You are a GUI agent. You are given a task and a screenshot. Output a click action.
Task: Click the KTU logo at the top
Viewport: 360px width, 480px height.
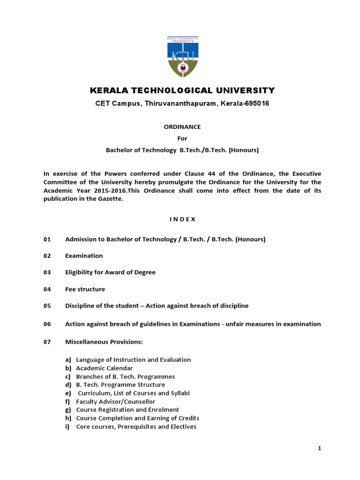coord(180,56)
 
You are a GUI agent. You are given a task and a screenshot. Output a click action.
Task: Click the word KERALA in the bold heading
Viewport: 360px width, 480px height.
coord(106,90)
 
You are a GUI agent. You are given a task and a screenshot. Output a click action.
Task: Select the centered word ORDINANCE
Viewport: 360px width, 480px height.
coord(180,127)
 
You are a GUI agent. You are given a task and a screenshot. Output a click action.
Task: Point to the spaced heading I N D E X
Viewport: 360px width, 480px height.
coord(180,219)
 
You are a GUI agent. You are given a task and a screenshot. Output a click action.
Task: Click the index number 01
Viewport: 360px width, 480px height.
coord(47,239)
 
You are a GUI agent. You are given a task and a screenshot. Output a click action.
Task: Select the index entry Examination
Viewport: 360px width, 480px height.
coord(84,255)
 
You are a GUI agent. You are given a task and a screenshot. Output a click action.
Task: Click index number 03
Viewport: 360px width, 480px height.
coord(47,272)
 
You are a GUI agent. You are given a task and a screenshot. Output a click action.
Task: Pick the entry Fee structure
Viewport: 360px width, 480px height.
coord(85,289)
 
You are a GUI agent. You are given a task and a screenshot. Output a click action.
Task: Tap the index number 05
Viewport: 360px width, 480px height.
coord(47,306)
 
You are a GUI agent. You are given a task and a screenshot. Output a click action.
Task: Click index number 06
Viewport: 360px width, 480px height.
coord(47,324)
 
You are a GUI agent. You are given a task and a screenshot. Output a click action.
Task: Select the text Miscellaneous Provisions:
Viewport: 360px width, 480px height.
coord(104,342)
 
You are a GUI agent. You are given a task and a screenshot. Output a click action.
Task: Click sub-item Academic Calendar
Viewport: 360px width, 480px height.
coord(104,368)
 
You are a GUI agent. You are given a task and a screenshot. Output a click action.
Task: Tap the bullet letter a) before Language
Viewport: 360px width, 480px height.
coord(68,360)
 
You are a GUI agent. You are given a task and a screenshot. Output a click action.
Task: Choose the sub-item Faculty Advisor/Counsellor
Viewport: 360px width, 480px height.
coord(115,402)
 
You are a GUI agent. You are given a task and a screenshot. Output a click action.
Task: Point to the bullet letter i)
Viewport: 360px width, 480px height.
coord(67,427)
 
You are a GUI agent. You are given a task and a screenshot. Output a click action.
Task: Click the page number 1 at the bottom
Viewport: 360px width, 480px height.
coord(320,449)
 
